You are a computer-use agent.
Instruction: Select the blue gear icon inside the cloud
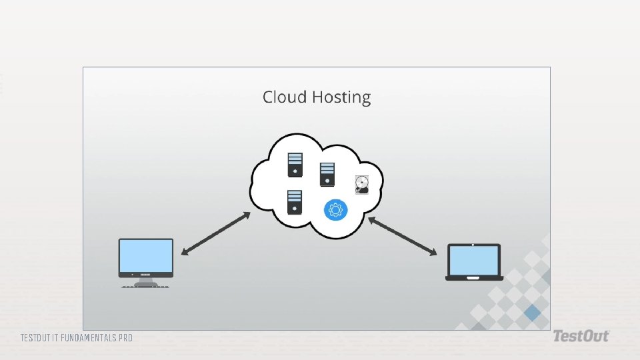335,210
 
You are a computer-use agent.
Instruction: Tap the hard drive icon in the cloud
361,185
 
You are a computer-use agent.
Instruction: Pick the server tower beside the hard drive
327,175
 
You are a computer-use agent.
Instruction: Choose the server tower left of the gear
295,202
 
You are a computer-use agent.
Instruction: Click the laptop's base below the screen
474,277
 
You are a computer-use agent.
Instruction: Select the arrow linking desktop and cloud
215,234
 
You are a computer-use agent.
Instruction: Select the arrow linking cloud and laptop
403,236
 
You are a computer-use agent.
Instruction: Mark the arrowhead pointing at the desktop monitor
185,252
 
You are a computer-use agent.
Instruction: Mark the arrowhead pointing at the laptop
433,253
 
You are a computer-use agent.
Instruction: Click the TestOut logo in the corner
580,337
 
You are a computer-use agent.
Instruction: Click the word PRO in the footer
125,338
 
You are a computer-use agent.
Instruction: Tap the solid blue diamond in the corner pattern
532,311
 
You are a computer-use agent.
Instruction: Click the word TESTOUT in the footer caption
35,338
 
